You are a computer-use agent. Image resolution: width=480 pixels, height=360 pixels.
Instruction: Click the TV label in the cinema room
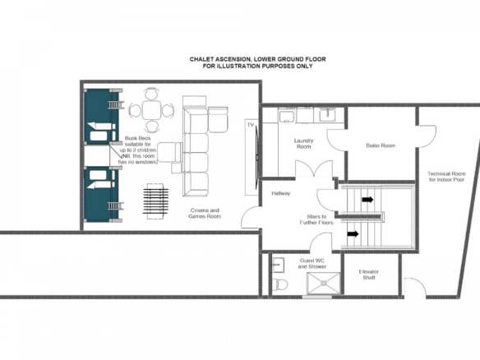[251, 125]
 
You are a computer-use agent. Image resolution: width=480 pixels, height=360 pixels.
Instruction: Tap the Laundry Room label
[303, 144]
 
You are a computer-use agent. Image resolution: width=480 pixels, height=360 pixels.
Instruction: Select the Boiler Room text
[381, 145]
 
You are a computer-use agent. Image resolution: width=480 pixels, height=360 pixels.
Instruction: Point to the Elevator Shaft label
[369, 275]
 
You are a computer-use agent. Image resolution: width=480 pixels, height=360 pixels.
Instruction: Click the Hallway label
[281, 193]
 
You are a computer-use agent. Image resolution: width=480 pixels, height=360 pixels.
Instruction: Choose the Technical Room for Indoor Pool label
[447, 177]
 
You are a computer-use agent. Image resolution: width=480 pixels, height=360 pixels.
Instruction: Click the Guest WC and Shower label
[312, 264]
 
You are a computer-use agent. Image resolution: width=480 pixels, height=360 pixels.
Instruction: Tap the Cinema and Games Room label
[205, 214]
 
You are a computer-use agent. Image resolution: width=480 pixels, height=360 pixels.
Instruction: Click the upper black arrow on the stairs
[367, 200]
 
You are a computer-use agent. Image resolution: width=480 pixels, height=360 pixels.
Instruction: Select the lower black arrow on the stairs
[353, 234]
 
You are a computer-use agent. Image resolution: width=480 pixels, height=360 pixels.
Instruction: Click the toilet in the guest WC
[280, 284]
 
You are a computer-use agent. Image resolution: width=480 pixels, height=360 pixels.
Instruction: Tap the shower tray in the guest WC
[324, 284]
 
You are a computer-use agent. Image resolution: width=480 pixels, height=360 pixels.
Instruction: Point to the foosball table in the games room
[155, 201]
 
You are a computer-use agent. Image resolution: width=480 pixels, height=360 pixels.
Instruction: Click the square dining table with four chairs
[151, 110]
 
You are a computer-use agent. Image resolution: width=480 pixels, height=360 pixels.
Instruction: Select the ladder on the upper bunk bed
[116, 104]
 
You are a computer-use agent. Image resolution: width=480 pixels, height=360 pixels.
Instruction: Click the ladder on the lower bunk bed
[116, 206]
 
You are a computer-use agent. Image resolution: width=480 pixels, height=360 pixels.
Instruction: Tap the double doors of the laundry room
[314, 168]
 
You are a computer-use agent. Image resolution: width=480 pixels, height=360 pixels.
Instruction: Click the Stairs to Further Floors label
[316, 219]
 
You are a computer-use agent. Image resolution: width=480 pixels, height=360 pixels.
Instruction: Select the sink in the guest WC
[278, 265]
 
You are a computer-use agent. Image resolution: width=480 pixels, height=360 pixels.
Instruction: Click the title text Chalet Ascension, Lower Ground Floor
[258, 59]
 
